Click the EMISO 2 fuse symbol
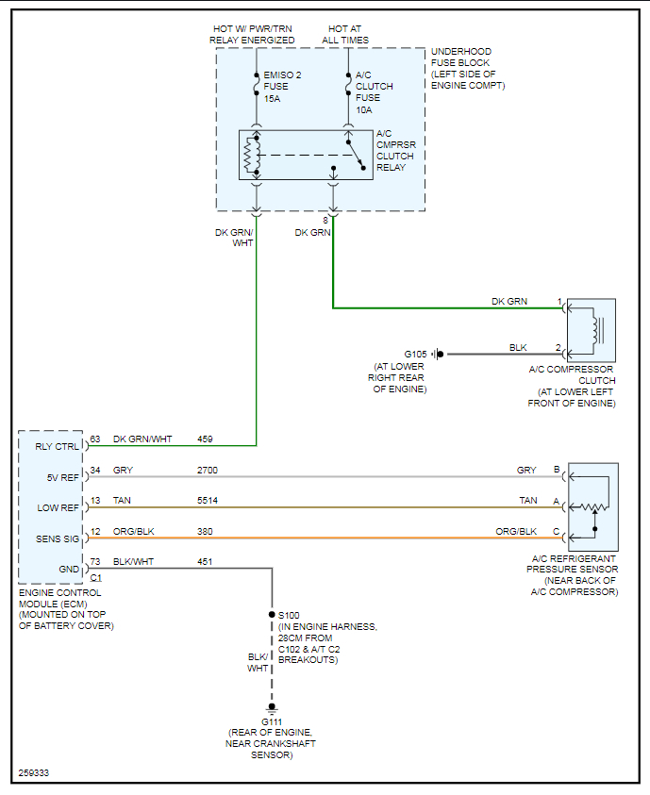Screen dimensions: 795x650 pos(257,86)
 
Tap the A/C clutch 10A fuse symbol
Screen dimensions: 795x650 pos(348,86)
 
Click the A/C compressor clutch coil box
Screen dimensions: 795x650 pos(591,330)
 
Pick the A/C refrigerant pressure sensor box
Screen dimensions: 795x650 pos(592,506)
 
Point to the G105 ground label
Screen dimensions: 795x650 pos(416,354)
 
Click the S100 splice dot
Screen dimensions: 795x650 pos(273,614)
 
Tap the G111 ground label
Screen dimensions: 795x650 pos(272,721)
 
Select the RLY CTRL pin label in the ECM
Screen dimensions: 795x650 pos(57,446)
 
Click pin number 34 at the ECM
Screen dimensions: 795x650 pos(95,470)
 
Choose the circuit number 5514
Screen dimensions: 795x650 pos(209,500)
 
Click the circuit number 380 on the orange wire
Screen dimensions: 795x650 pos(205,531)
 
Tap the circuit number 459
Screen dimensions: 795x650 pos(205,439)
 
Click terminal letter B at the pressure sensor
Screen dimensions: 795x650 pos(556,470)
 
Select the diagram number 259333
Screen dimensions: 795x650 pos(33,774)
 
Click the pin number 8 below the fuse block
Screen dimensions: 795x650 pos(325,220)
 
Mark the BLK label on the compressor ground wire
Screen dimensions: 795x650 pos(518,347)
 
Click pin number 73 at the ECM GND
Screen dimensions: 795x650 pos(95,561)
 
